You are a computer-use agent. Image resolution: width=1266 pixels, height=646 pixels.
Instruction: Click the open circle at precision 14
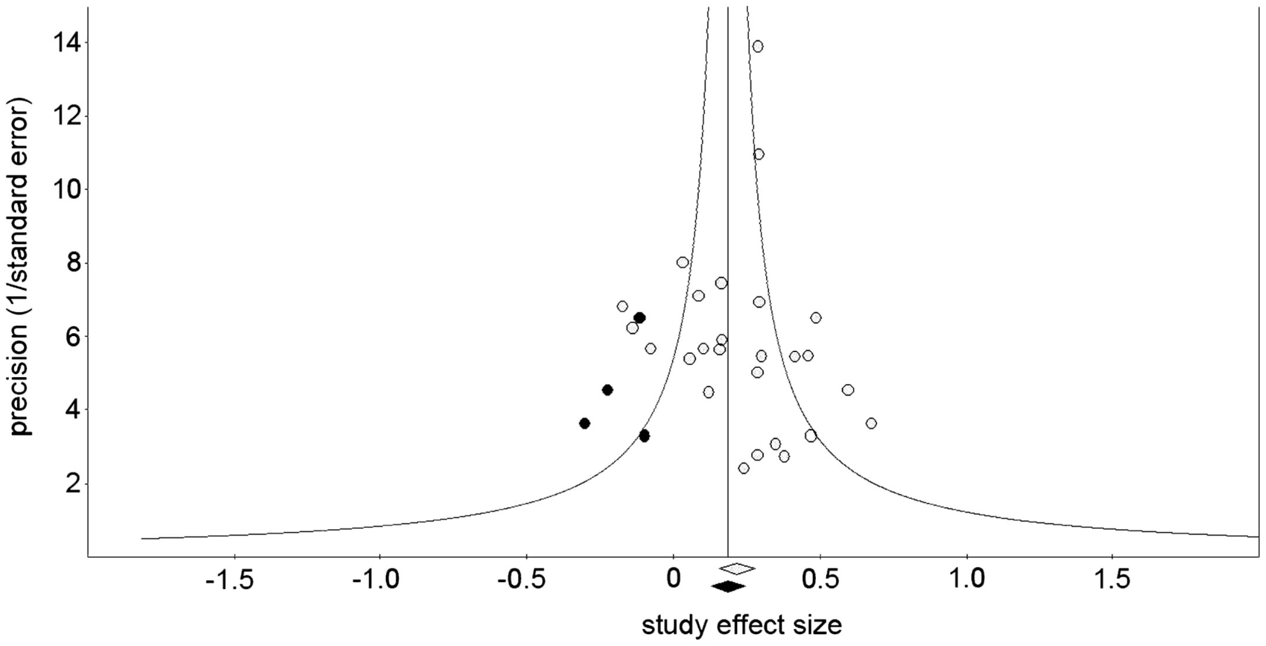tap(757, 47)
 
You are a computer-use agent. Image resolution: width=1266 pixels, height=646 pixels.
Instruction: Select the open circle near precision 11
tap(758, 154)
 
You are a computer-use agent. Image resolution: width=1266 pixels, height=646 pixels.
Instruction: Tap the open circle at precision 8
tap(682, 262)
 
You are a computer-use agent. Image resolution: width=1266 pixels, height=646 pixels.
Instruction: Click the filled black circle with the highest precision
tap(640, 318)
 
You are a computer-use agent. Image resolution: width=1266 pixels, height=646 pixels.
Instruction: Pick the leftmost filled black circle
tap(584, 423)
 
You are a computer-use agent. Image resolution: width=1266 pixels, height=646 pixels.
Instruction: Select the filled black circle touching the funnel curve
tap(644, 436)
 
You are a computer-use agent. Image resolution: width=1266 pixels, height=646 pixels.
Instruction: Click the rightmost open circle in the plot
tap(871, 423)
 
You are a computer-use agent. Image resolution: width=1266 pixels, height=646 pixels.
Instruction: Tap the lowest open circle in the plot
tap(743, 468)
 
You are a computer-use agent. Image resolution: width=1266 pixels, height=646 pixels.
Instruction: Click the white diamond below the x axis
tap(737, 569)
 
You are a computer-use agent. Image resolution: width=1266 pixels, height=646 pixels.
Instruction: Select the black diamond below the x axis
tap(728, 587)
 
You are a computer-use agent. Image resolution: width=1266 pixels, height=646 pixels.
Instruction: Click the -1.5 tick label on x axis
tap(229, 579)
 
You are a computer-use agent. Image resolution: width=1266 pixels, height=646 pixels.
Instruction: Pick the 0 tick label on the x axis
tap(673, 579)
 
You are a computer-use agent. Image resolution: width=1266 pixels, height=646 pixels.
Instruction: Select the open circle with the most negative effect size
tap(622, 306)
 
